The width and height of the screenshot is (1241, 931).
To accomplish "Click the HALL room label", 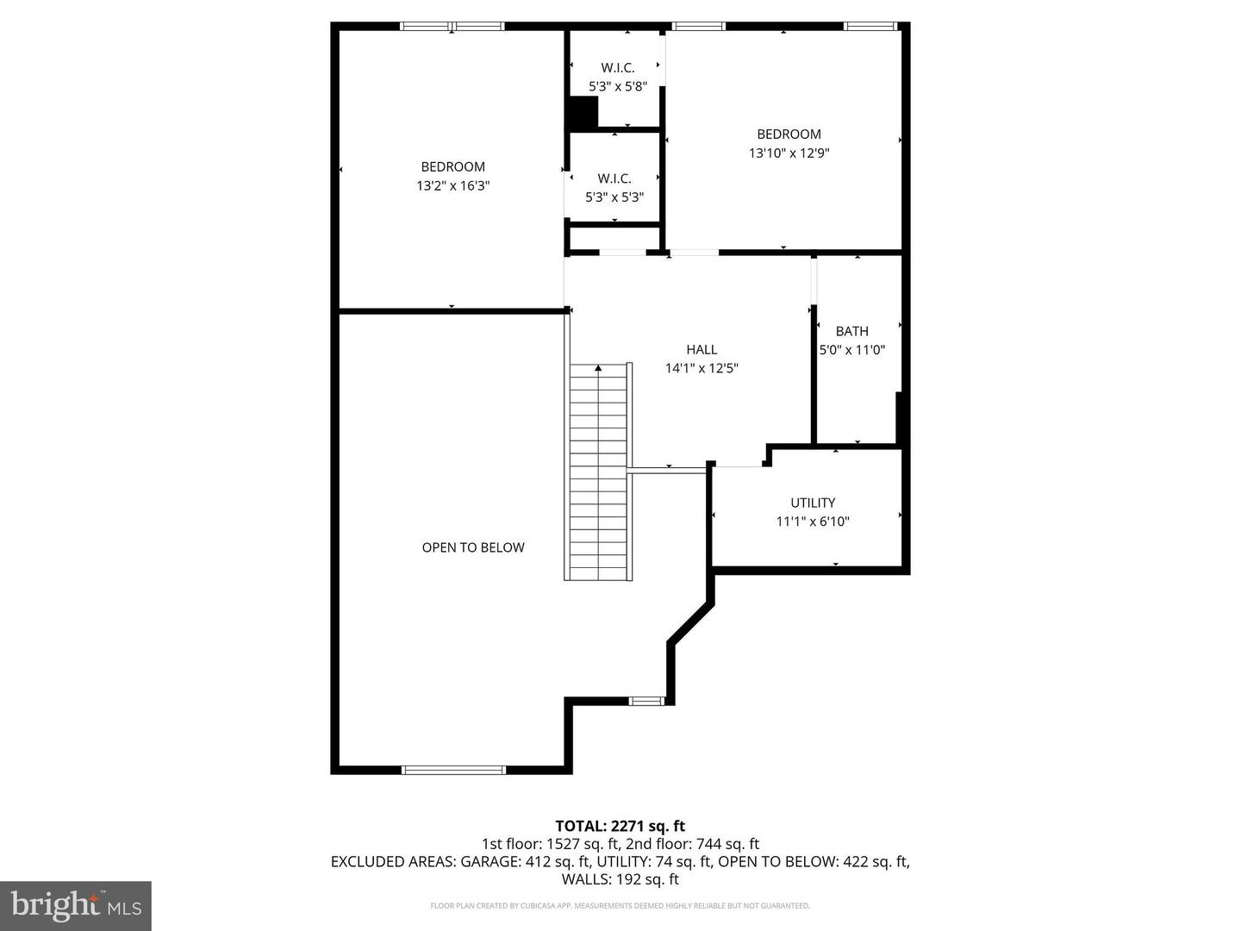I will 702,349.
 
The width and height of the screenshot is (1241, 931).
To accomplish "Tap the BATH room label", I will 851,331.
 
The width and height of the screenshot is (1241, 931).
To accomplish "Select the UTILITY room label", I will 813,503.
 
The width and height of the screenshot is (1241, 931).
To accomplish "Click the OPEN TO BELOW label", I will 473,547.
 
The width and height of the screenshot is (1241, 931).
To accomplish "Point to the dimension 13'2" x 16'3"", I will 452,185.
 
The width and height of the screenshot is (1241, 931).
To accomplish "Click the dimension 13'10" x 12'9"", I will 789,153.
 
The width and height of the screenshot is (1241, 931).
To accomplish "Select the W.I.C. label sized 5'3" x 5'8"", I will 617,68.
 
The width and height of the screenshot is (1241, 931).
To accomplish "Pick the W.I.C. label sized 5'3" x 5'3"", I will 614,178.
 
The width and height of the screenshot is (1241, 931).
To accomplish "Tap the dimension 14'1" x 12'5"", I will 702,368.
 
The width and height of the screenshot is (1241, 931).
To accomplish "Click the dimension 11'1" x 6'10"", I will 813,522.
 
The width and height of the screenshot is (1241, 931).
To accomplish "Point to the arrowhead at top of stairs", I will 598,368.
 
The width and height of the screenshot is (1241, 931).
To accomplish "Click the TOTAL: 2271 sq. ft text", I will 620,826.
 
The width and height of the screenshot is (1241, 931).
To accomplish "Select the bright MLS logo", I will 76,905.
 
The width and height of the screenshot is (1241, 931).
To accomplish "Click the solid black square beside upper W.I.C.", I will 583,112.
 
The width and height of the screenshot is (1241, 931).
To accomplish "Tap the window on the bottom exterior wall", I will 453,769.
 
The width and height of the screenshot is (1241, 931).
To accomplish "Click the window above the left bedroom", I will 452,27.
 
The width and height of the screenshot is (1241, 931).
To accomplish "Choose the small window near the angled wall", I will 645,701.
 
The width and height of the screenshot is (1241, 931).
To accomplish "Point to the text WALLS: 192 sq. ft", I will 620,879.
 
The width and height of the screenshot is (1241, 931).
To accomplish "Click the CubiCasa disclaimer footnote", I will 620,906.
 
